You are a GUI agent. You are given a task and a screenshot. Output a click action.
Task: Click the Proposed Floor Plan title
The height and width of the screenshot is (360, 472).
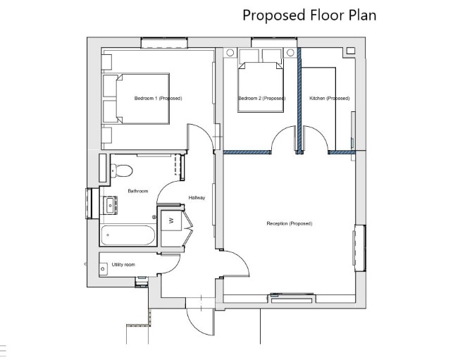[309, 15]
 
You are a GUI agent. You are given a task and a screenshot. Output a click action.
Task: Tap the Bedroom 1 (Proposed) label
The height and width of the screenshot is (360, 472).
[158, 99]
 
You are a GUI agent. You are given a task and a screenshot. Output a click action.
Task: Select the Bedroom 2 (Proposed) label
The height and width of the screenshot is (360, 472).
[262, 99]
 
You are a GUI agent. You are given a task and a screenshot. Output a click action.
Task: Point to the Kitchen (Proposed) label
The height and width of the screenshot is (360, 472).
[330, 99]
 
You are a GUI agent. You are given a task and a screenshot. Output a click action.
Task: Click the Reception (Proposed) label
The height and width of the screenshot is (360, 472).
[290, 223]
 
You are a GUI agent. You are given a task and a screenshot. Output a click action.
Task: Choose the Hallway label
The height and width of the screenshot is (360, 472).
[197, 198]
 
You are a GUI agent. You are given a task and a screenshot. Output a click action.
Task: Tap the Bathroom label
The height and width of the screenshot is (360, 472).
[138, 191]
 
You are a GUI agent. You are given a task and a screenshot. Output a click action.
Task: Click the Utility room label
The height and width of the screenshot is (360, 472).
[123, 265]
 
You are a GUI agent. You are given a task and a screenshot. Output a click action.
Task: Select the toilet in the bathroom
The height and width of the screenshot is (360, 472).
[121, 170]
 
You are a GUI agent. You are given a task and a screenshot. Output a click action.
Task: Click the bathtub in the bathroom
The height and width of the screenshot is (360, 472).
[128, 235]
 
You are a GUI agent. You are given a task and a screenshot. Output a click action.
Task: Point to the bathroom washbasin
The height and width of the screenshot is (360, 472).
[110, 205]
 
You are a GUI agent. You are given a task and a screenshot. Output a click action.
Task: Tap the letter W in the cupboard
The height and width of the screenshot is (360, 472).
[172, 221]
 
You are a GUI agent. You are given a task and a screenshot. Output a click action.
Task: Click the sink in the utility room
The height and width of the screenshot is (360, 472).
[103, 268]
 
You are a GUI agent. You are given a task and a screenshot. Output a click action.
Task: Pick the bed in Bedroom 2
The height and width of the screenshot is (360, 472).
[261, 87]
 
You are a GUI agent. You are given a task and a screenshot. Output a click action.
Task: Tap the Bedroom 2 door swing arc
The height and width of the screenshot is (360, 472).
[279, 132]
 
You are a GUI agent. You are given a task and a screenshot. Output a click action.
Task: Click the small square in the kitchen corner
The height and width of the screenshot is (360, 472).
[350, 51]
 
